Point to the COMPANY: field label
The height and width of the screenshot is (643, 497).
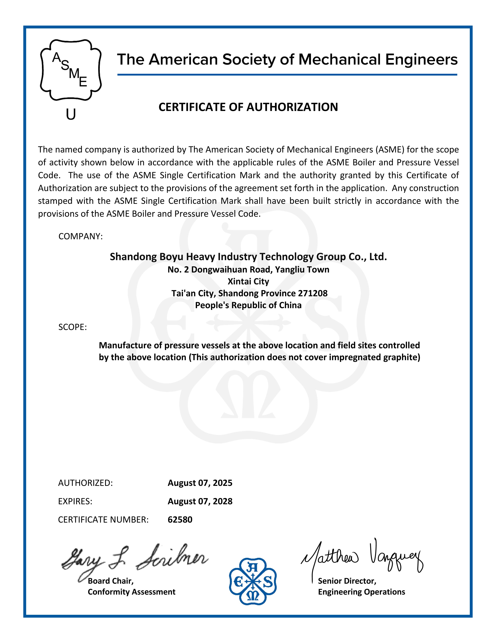coord(80,236)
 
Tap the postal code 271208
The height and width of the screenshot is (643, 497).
coord(313,293)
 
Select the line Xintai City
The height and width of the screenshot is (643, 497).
coord(248,281)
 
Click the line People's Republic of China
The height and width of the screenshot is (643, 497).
coord(248,305)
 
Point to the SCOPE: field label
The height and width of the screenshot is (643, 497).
coord(72,327)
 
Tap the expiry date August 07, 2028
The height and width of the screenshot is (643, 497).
coord(200,501)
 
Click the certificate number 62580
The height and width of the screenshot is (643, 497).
coord(180,520)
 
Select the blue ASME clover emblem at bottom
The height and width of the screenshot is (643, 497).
coord(253,582)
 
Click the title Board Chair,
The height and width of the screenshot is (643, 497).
coord(111,581)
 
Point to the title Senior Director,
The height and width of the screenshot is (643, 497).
coord(347,581)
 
